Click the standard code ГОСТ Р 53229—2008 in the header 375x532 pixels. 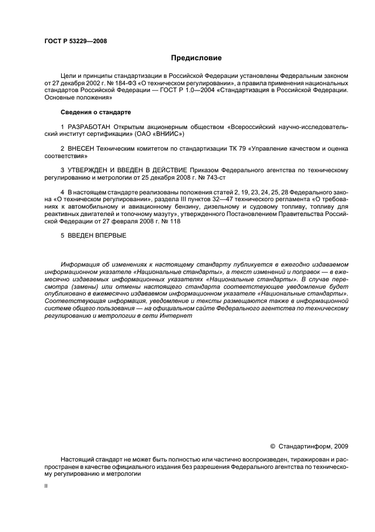(x=75, y=41)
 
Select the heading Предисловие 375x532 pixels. (x=196, y=58)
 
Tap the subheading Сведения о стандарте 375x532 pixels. (x=96, y=111)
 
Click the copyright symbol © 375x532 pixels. (x=272, y=446)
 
